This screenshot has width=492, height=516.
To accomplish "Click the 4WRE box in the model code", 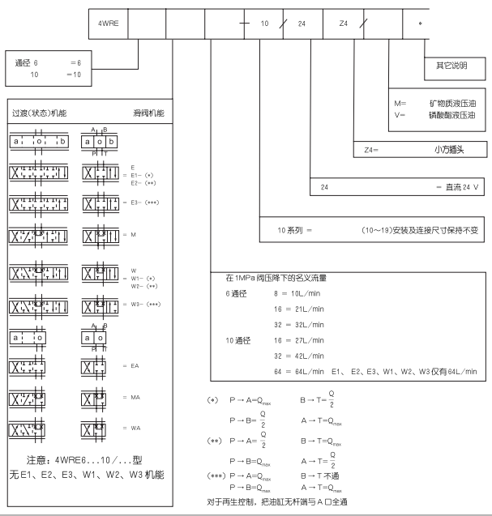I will click(x=108, y=24).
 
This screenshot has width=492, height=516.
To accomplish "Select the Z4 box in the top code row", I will click(x=343, y=24).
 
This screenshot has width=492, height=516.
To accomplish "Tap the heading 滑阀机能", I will click(x=148, y=113).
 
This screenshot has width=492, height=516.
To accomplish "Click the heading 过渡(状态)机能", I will click(x=38, y=113).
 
